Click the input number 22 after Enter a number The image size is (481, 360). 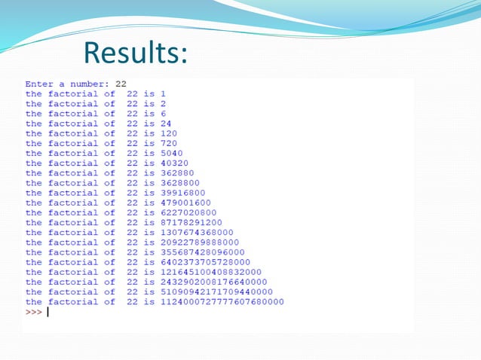point(121,84)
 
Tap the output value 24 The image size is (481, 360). point(166,124)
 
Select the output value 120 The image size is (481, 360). point(169,133)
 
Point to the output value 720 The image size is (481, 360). point(169,143)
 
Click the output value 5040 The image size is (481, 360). point(171,153)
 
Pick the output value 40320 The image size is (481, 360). point(174,163)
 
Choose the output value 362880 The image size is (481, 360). point(177,172)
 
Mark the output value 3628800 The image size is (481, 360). point(179,183)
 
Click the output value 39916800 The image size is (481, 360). point(182,193)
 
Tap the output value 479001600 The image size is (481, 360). point(185,203)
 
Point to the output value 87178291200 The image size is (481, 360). point(191,222)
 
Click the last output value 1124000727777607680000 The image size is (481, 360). point(222,302)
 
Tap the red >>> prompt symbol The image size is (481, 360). point(34,312)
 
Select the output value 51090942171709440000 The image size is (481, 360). point(216,292)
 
